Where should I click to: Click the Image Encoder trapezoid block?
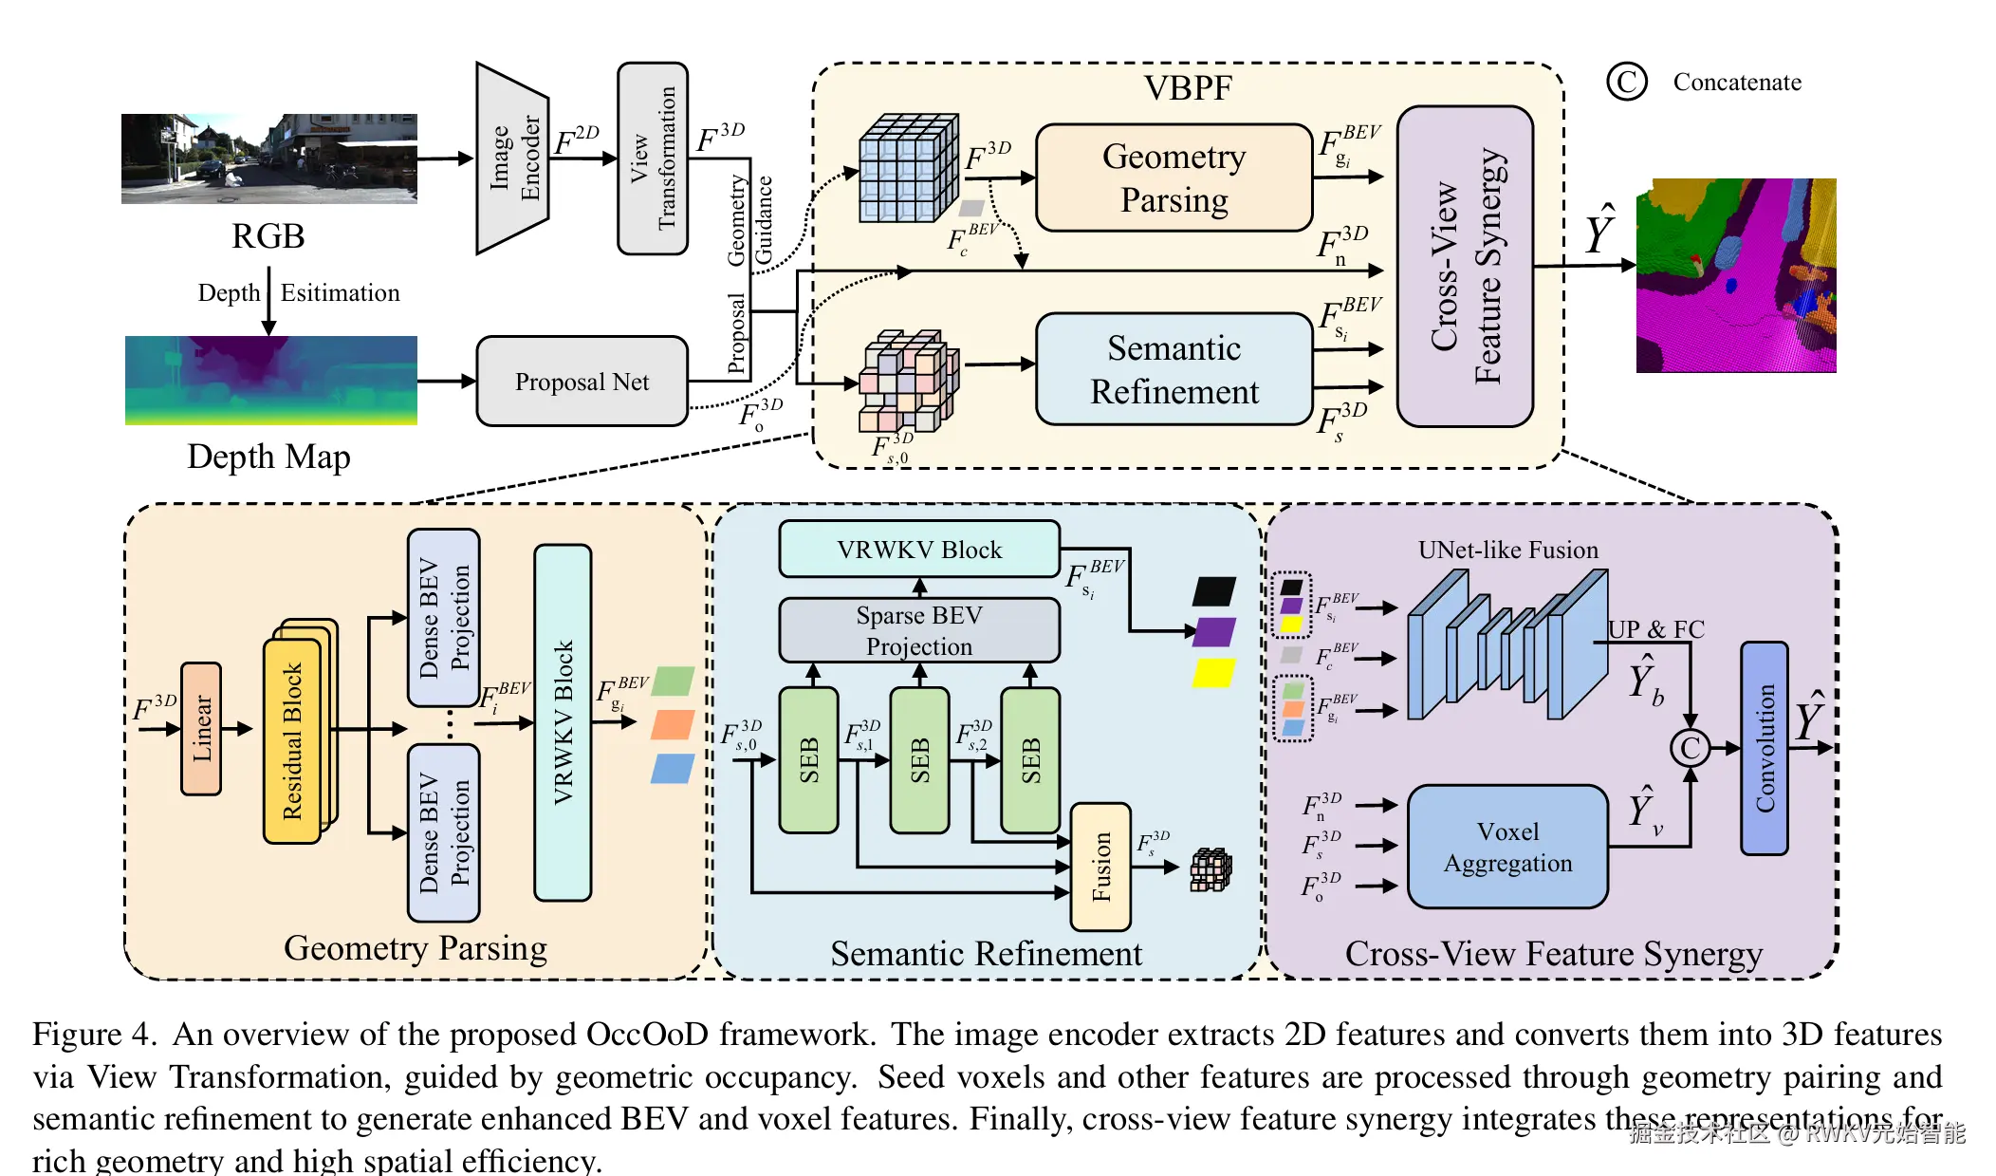[512, 159]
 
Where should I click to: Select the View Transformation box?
[653, 159]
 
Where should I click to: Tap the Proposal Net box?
[582, 382]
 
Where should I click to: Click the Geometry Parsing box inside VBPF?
[1174, 178]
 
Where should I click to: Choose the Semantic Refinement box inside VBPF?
[1174, 370]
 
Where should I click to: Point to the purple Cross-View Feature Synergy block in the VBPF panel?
[1465, 267]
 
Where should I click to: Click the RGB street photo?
[268, 159]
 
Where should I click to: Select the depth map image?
[270, 380]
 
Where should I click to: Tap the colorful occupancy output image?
[1735, 275]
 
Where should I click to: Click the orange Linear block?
[201, 728]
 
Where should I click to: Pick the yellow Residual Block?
[292, 740]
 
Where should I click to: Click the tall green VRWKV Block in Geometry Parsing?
[563, 722]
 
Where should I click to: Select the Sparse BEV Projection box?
[918, 630]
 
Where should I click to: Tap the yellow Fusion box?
[1100, 867]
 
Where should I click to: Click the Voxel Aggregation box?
[1506, 847]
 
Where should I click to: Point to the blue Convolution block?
[1765, 748]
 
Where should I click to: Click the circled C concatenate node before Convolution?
[1690, 748]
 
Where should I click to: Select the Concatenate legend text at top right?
[1736, 83]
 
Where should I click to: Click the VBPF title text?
[1188, 88]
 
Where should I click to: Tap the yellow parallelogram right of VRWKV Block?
[1213, 673]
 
